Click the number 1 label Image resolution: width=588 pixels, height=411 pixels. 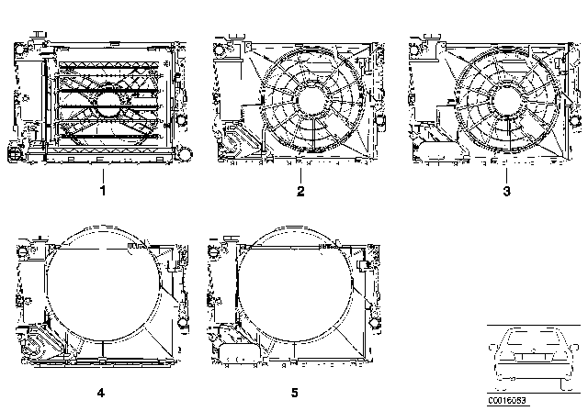(104, 191)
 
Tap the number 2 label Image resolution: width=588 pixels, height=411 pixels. (300, 191)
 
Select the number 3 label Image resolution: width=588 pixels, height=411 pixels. (504, 191)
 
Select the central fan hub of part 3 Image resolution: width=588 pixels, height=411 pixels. (512, 98)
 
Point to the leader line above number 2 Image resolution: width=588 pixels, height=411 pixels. (300, 172)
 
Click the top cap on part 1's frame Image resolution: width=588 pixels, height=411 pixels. (40, 36)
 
